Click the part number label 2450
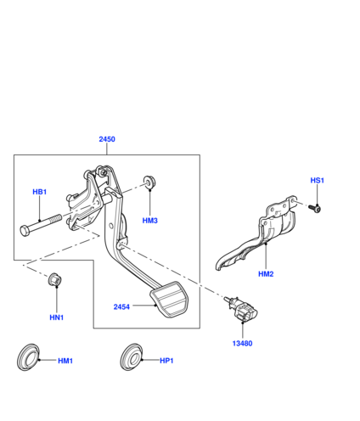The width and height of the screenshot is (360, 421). coord(107,139)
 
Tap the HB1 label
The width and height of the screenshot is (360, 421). coord(40,192)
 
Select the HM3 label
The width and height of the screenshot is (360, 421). coord(150,221)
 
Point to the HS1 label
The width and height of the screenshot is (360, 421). coord(318,181)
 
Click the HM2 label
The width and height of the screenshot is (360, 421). coord(266,274)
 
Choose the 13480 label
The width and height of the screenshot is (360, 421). coord(242,344)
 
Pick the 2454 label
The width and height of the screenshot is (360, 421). coord(121,307)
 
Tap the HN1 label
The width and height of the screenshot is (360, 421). coord(57,317)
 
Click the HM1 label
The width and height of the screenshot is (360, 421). coord(65,361)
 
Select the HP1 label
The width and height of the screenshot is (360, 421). coord(166,361)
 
